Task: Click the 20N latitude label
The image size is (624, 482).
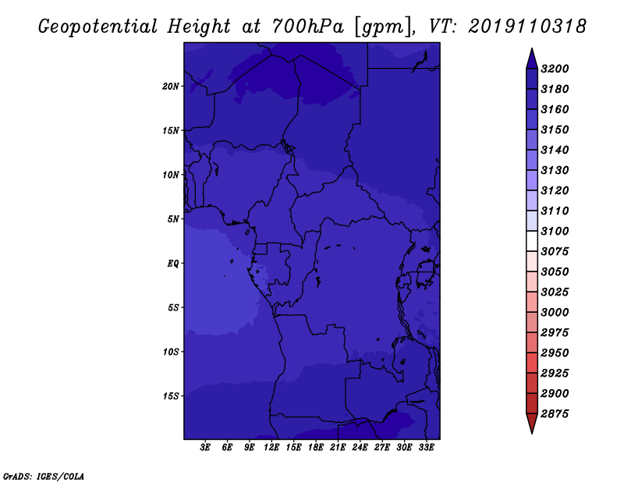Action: point(170,87)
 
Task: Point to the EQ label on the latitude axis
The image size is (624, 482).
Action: point(173,264)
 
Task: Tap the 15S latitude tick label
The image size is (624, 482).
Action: point(171,396)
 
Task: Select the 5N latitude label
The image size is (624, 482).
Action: point(173,219)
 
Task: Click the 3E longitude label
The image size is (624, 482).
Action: point(205,448)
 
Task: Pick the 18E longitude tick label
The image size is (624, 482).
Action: point(316,448)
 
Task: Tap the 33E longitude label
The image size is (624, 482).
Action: point(426,448)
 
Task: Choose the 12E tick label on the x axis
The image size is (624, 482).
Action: point(271,448)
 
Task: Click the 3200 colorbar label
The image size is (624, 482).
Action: point(555,69)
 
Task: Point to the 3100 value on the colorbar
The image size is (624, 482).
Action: point(555,231)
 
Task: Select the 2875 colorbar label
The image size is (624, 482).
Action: point(555,414)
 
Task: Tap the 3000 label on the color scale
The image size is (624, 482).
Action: point(555,313)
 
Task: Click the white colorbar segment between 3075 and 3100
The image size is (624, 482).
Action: point(532,241)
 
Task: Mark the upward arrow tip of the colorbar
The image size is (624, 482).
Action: point(532,48)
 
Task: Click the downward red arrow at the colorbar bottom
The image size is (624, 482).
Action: point(532,424)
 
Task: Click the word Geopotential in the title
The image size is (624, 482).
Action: point(97,27)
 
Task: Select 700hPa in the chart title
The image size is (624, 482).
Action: point(308,27)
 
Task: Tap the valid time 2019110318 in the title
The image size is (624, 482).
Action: point(527,27)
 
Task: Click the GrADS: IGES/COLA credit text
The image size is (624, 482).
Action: point(44,477)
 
